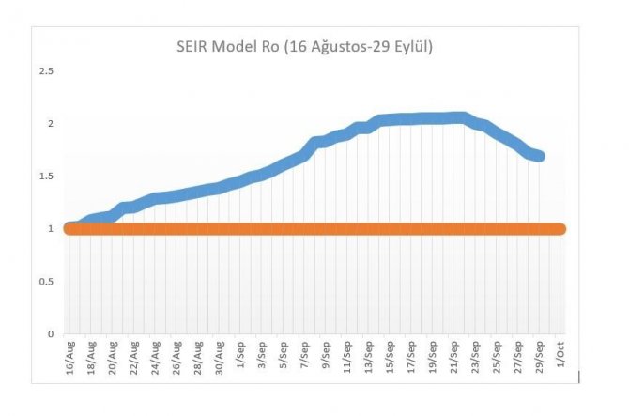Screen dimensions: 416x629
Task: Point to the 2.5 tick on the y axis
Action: tap(46, 71)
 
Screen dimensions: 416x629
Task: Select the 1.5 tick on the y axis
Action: tap(46, 177)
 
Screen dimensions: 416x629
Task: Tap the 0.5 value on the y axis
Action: tap(46, 282)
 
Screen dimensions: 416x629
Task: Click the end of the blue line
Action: tap(539, 156)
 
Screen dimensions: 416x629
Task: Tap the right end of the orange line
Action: tap(560, 229)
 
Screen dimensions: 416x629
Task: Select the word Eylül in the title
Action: tap(410, 45)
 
